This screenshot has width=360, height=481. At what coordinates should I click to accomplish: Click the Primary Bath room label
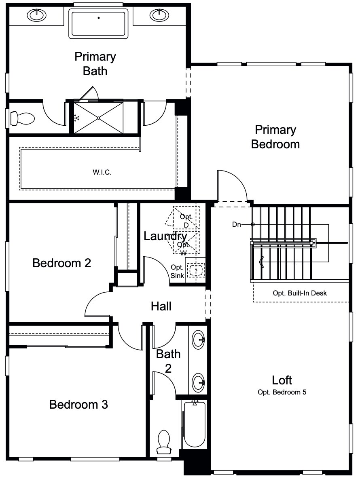pyautogui.click(x=95, y=63)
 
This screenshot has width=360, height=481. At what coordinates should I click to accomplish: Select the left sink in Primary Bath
pyautogui.click(x=36, y=15)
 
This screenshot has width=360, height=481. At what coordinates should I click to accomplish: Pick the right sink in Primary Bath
pyautogui.click(x=159, y=15)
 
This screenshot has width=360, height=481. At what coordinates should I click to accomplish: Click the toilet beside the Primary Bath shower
pyautogui.click(x=23, y=118)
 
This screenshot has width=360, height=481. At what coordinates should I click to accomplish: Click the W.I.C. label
pyautogui.click(x=102, y=172)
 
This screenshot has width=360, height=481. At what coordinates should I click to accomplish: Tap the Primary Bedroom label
pyautogui.click(x=275, y=137)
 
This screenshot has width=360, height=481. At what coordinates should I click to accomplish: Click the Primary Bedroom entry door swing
pyautogui.click(x=231, y=186)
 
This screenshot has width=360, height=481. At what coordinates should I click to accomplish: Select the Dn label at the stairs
pyautogui.click(x=237, y=224)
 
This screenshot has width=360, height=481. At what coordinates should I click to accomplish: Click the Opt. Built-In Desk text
pyautogui.click(x=300, y=293)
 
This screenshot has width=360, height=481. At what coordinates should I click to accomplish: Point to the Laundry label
pyautogui.click(x=165, y=236)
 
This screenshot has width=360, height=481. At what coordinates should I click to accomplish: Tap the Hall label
pyautogui.click(x=161, y=306)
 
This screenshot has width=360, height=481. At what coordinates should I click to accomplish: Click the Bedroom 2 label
pyautogui.click(x=61, y=263)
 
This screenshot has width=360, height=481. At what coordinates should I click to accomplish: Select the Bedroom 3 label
pyautogui.click(x=78, y=404)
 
